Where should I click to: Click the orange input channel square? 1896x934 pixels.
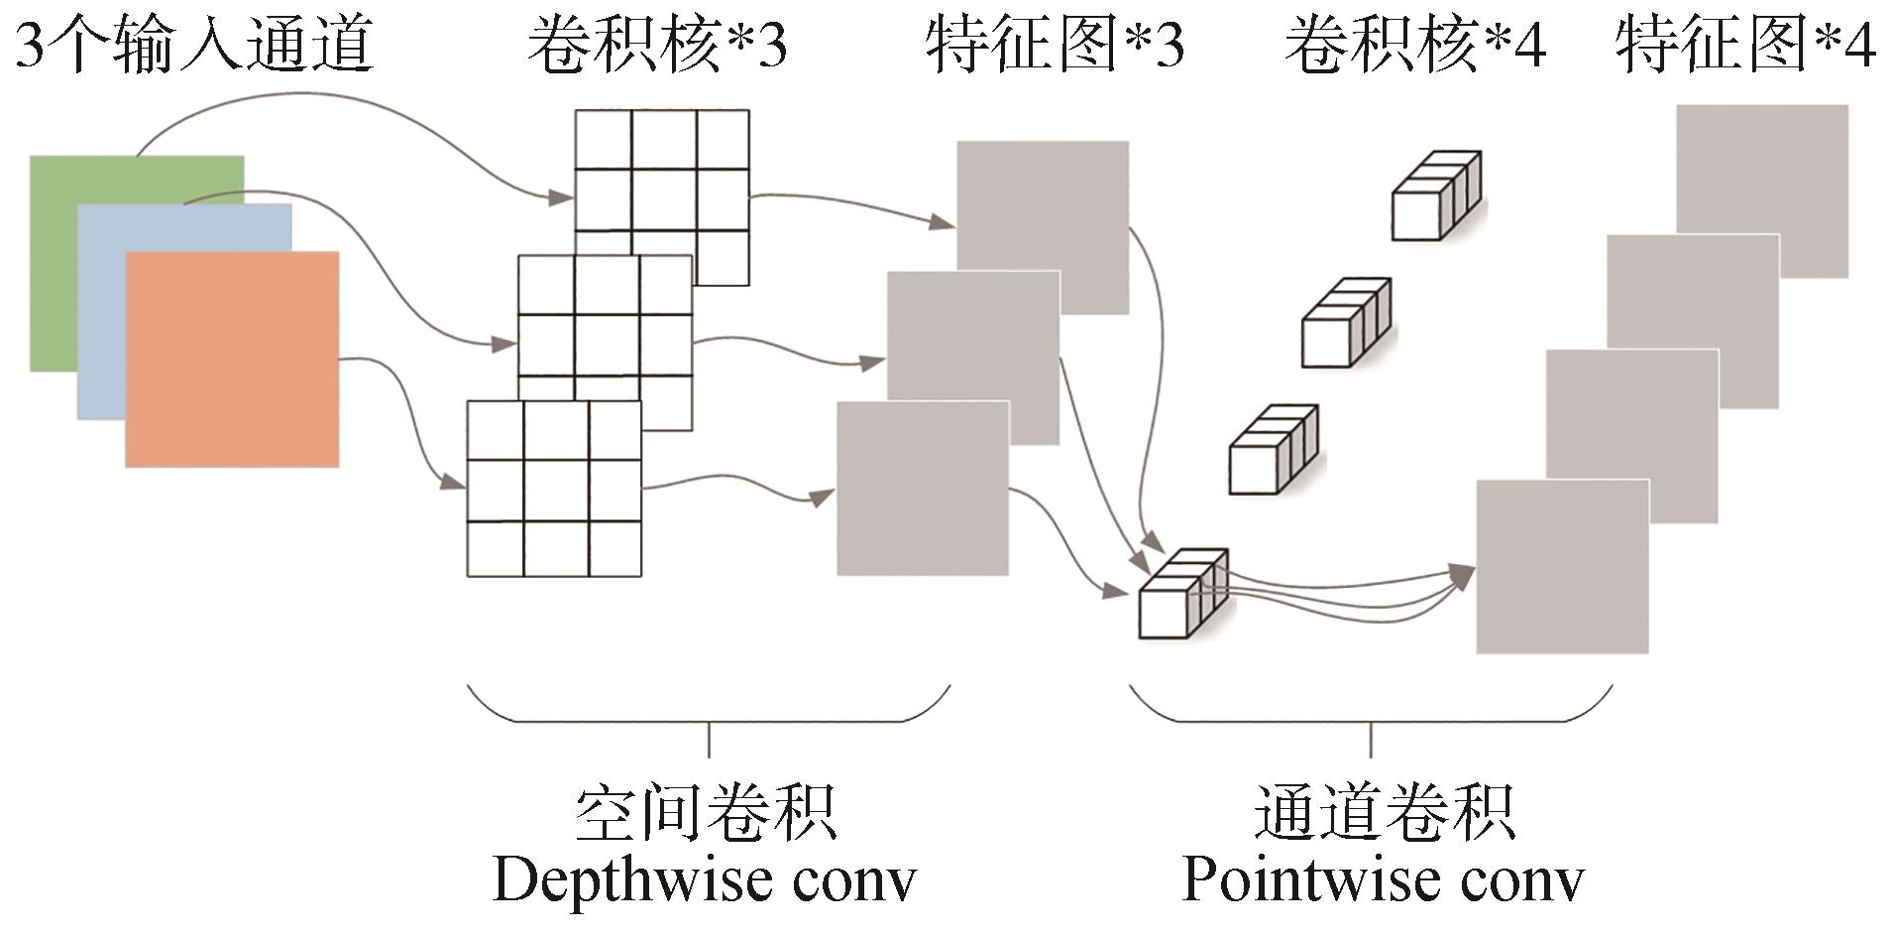[232, 359]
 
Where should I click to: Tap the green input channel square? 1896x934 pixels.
[55, 268]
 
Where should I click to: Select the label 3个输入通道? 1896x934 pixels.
[194, 45]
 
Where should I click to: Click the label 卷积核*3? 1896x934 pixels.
[656, 45]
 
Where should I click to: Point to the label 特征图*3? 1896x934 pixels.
[1055, 45]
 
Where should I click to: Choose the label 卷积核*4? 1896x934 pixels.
[1414, 45]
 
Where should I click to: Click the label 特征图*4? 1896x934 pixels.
[1745, 45]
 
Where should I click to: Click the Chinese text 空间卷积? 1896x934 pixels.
[706, 813]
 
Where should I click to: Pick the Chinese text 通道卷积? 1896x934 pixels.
[1385, 813]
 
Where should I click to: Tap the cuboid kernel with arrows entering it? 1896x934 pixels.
[1182, 594]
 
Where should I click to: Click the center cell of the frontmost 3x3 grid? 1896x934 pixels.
[555, 490]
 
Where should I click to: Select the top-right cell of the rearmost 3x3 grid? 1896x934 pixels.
[723, 140]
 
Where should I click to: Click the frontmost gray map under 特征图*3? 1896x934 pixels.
[923, 489]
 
